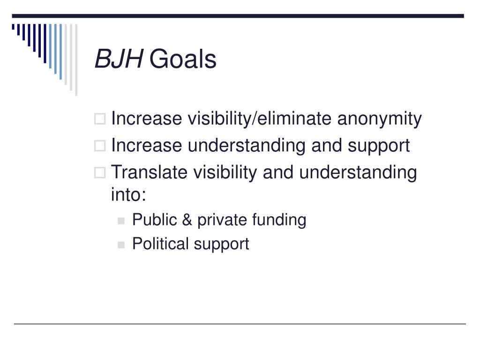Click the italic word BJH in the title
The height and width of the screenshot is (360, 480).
point(119,59)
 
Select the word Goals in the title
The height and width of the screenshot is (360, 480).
point(183,59)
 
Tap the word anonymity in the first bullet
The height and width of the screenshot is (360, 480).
point(379,119)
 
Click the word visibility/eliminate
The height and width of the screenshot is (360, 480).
point(259,119)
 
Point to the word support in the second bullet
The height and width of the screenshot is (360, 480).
point(378,146)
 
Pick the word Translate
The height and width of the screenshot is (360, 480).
point(149,172)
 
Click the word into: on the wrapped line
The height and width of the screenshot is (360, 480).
point(128,195)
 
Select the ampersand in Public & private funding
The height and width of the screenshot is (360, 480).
point(187,220)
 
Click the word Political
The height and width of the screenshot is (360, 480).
point(160,244)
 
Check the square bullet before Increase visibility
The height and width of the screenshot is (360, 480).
point(100,119)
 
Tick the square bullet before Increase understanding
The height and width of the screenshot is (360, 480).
point(100,146)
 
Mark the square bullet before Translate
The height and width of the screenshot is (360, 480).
point(100,172)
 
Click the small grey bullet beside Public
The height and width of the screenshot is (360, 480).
point(121,221)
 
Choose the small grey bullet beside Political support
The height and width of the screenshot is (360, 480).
point(121,245)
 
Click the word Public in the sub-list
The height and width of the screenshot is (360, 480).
point(155,220)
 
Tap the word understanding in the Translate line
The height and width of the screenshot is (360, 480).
point(358,172)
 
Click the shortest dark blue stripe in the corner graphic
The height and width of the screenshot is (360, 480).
point(13,27)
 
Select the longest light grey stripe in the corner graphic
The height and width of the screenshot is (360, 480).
point(76,60)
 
